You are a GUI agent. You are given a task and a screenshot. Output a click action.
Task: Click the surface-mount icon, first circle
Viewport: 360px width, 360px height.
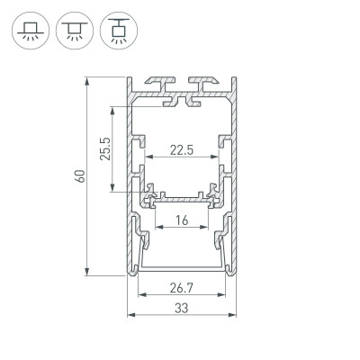[x=29, y=30]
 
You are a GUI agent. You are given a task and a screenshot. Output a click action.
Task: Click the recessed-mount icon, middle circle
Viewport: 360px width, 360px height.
[x=71, y=30]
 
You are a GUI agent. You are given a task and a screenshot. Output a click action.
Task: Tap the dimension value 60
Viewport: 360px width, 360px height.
[x=79, y=175]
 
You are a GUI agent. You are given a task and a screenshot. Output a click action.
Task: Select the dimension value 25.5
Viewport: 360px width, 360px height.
[x=104, y=148]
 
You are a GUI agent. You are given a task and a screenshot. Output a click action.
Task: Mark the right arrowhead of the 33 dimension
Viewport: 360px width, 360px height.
[x=237, y=315]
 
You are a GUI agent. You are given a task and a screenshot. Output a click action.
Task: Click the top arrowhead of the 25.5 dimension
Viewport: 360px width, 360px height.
[x=112, y=111]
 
